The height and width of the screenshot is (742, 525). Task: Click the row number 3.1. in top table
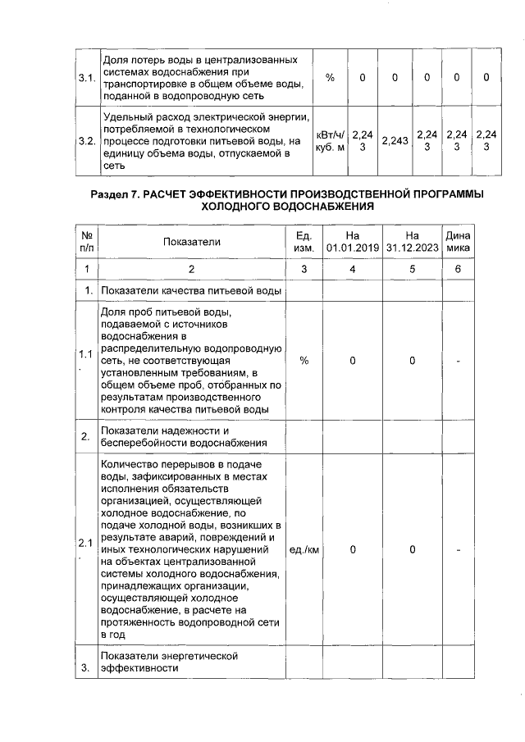click(86, 78)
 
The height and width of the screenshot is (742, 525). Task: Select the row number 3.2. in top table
click(86, 141)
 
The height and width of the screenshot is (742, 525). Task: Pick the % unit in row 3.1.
click(330, 78)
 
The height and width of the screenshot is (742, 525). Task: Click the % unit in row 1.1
click(304, 361)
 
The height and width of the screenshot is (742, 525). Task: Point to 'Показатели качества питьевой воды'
click(191, 291)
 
